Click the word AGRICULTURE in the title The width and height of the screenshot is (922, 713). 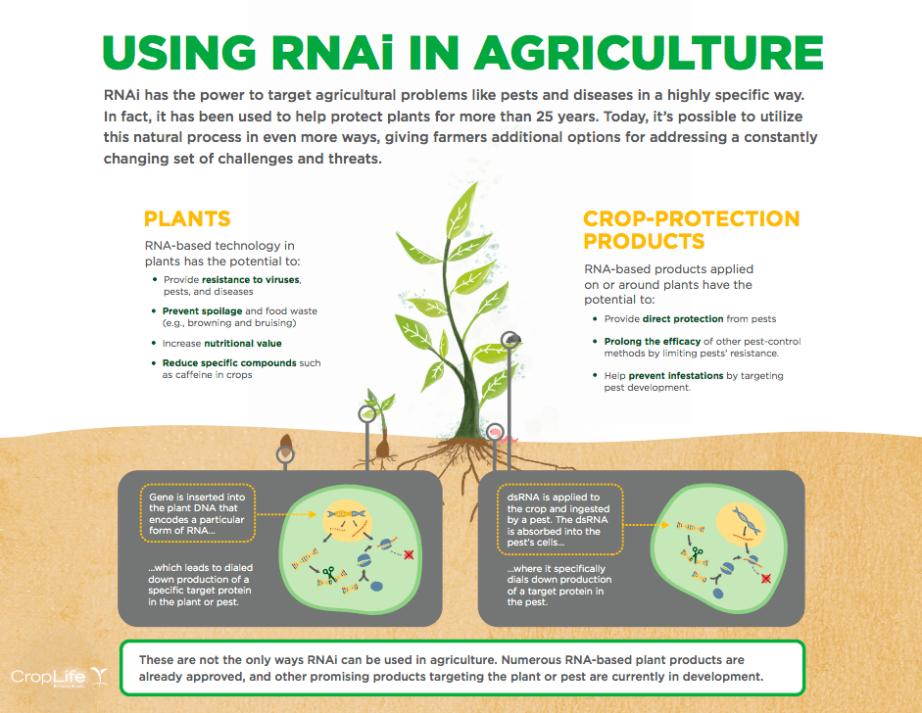(649, 52)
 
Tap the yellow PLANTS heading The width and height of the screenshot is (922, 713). (187, 218)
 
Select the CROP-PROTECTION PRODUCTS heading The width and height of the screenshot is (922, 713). (692, 230)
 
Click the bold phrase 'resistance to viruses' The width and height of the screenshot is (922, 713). (251, 280)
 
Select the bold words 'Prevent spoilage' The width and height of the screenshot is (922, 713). (202, 310)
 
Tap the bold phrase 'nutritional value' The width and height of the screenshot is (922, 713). (243, 343)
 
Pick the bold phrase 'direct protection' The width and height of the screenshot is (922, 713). (683, 319)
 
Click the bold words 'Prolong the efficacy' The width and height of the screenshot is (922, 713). (653, 342)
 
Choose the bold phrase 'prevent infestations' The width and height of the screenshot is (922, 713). (676, 376)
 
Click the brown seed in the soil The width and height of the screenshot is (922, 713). (286, 445)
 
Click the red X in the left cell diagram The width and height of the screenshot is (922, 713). (409, 554)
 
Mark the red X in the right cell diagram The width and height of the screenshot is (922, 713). (765, 579)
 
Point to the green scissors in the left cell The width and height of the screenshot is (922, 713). (329, 574)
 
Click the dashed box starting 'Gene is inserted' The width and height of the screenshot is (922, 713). (198, 513)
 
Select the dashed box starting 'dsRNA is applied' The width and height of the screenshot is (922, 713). (559, 520)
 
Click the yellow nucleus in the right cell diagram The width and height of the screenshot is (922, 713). (741, 523)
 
